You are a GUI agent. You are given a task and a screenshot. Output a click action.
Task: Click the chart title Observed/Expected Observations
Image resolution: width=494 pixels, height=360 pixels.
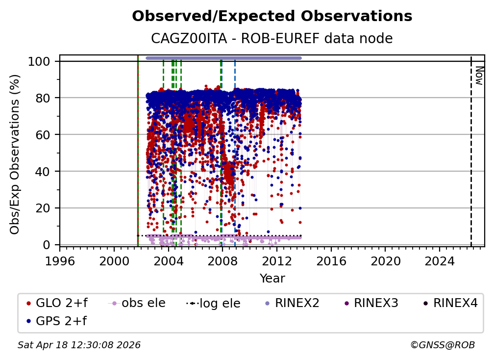pyautogui.click(x=272, y=16)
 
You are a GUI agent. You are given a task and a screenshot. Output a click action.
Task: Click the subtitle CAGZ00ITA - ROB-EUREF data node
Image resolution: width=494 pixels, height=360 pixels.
pyautogui.click(x=272, y=38)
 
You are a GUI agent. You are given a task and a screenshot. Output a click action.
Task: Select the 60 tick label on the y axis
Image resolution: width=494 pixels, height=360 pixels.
pyautogui.click(x=43, y=135)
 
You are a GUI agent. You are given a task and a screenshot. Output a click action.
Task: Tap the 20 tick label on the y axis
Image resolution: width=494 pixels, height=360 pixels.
pyautogui.click(x=43, y=208)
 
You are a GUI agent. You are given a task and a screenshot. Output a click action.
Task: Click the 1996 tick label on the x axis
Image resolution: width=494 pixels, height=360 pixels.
pyautogui.click(x=60, y=261)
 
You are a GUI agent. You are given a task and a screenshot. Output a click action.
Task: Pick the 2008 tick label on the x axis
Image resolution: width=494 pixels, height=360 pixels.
pyautogui.click(x=222, y=261)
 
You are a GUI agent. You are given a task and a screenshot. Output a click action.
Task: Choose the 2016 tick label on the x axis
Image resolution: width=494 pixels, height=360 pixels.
pyautogui.click(x=331, y=261)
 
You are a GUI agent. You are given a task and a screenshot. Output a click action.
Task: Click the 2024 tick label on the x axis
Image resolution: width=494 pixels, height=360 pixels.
pyautogui.click(x=440, y=261)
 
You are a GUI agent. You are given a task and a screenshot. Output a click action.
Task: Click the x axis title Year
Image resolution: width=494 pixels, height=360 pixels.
pyautogui.click(x=272, y=279)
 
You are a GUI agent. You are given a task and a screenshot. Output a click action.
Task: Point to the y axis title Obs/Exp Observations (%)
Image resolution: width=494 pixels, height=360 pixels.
pyautogui.click(x=15, y=154)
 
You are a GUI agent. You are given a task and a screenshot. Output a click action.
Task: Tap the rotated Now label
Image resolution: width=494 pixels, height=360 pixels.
pyautogui.click(x=479, y=76)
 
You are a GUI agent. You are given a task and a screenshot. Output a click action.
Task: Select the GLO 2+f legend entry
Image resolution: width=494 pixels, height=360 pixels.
pyautogui.click(x=57, y=303)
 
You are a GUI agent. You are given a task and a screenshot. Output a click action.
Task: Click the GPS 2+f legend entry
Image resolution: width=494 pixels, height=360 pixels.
pyautogui.click(x=57, y=321)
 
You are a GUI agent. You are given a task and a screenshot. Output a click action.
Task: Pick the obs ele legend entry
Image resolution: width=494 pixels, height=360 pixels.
pyautogui.click(x=137, y=303)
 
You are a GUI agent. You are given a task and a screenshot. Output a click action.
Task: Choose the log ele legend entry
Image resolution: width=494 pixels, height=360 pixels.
pyautogui.click(x=213, y=303)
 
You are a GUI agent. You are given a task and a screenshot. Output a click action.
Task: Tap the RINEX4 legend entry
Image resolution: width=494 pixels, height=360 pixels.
pyautogui.click(x=450, y=303)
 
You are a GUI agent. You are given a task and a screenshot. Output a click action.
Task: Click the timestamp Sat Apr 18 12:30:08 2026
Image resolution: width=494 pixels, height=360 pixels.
pyautogui.click(x=79, y=345)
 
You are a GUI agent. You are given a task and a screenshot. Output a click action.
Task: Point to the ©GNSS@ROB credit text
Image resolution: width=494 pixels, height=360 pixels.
pyautogui.click(x=443, y=345)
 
